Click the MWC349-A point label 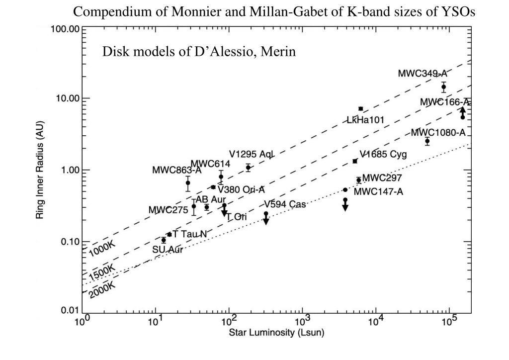[x=422, y=73]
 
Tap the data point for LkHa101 [x=361, y=108]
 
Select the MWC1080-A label [x=438, y=132]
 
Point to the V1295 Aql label [x=252, y=154]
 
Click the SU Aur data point [x=164, y=240]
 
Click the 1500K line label [x=102, y=272]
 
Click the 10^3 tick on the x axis [x=302, y=321]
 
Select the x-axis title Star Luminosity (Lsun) [x=276, y=333]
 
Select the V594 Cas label [x=285, y=204]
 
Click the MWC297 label [x=382, y=178]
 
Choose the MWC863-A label [x=176, y=170]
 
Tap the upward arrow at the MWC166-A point [x=463, y=110]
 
